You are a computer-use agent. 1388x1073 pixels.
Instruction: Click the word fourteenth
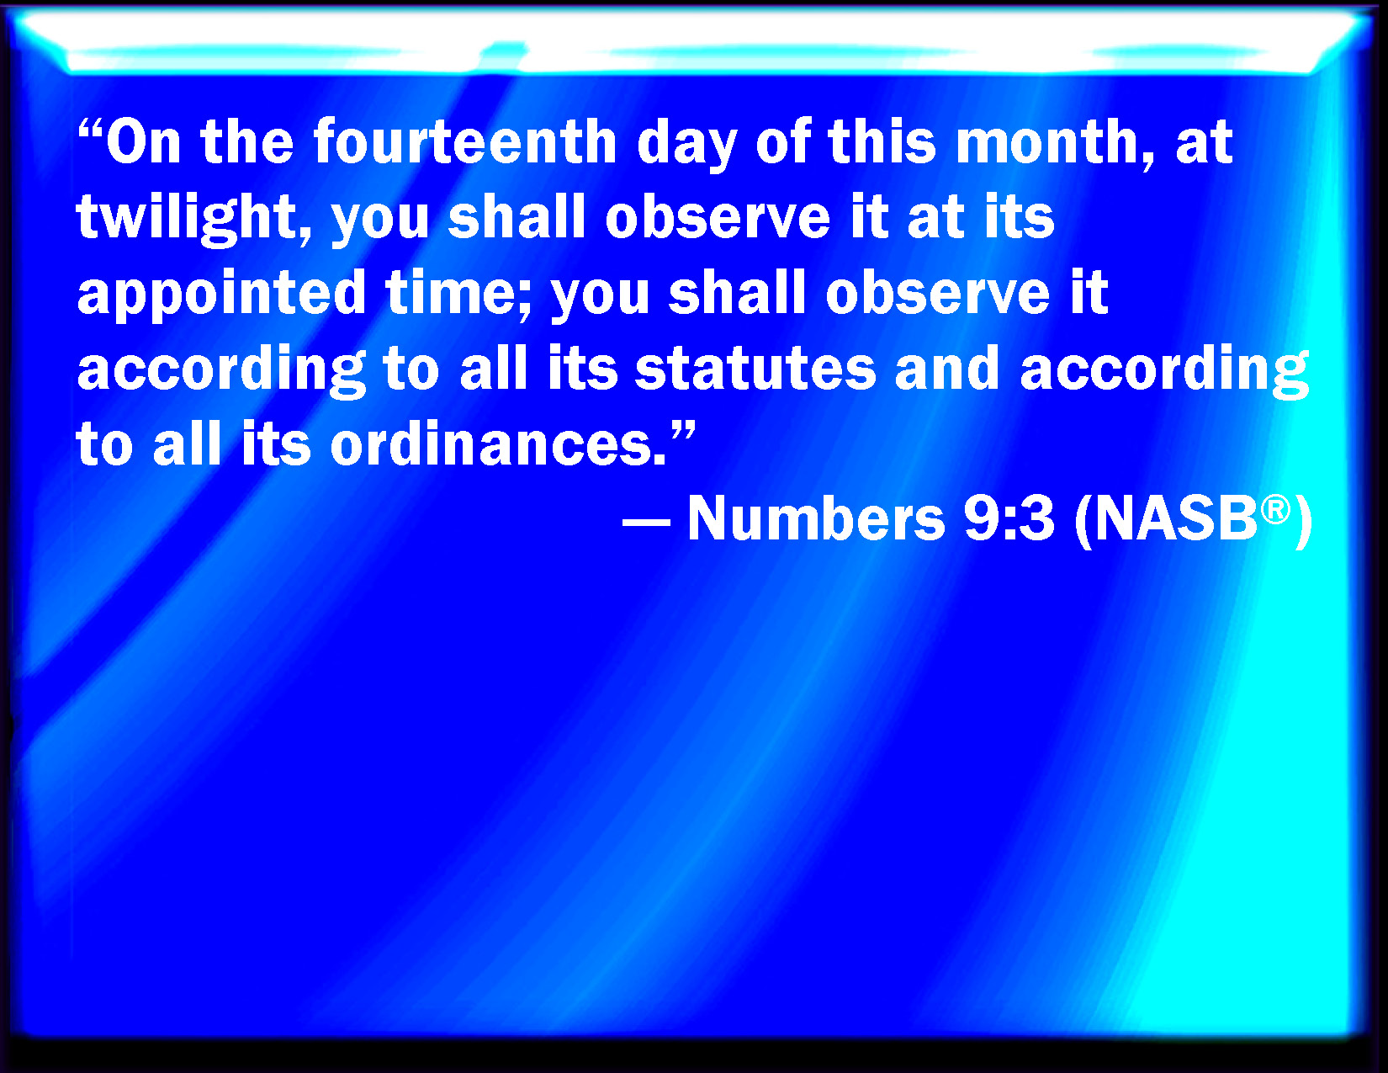[465, 141]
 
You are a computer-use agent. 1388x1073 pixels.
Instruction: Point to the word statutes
[755, 369]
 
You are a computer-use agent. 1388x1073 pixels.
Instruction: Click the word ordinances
[499, 444]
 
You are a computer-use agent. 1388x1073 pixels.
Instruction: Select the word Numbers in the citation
[816, 518]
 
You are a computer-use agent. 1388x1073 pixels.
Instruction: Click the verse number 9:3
[1009, 518]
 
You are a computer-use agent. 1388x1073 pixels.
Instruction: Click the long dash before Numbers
[646, 522]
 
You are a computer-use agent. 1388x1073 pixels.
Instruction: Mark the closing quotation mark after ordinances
[682, 429]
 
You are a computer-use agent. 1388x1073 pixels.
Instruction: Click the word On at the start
[143, 141]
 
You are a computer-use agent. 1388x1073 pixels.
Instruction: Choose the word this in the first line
[881, 141]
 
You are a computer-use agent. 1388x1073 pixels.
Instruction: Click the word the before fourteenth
[246, 141]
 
